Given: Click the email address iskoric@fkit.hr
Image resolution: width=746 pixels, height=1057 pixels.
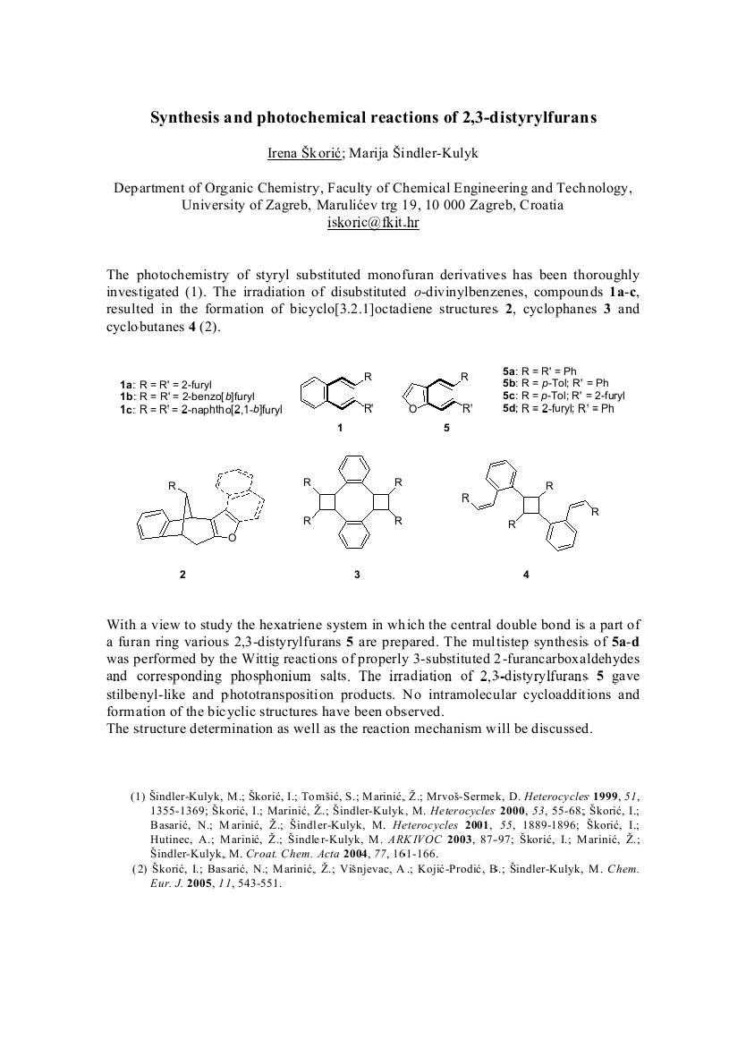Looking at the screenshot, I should [373, 223].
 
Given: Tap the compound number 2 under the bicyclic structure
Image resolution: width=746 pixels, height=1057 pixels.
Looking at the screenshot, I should [182, 574].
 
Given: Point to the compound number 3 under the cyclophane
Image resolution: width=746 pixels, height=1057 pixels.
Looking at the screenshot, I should [357, 574].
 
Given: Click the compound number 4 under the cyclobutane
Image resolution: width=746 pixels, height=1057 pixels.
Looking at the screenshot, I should [526, 574].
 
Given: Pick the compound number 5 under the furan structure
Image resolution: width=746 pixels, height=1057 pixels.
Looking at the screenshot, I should [446, 428].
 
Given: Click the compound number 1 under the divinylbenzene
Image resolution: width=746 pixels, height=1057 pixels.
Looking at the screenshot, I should [340, 428].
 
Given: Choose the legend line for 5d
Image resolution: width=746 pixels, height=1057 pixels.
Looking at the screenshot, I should [558, 407].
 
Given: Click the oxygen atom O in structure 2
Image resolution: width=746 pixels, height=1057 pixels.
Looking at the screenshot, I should [232, 537].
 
